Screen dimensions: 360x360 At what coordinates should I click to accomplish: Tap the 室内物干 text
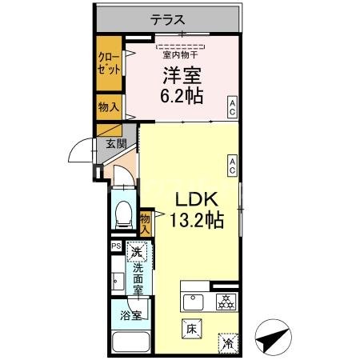pyautogui.click(x=181, y=55)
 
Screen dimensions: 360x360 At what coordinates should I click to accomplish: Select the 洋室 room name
pyautogui.click(x=183, y=77)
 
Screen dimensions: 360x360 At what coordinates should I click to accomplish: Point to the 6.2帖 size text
pyautogui.click(x=183, y=96)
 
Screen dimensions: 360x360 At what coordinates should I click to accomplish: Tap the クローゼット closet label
pyautogui.click(x=109, y=63)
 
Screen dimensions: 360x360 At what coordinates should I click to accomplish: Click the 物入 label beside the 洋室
pyautogui.click(x=109, y=106)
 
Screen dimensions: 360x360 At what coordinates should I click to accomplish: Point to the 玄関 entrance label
pyautogui.click(x=115, y=144)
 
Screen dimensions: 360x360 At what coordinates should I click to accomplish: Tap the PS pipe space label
pyautogui.click(x=116, y=247)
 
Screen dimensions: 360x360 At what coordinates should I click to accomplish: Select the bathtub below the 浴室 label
pyautogui.click(x=130, y=342)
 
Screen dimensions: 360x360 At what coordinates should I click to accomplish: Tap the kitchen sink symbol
pyautogui.click(x=194, y=302)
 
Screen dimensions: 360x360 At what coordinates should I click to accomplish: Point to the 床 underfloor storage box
pyautogui.click(x=192, y=328)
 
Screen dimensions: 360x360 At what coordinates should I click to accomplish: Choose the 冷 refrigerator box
pyautogui.click(x=227, y=342)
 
